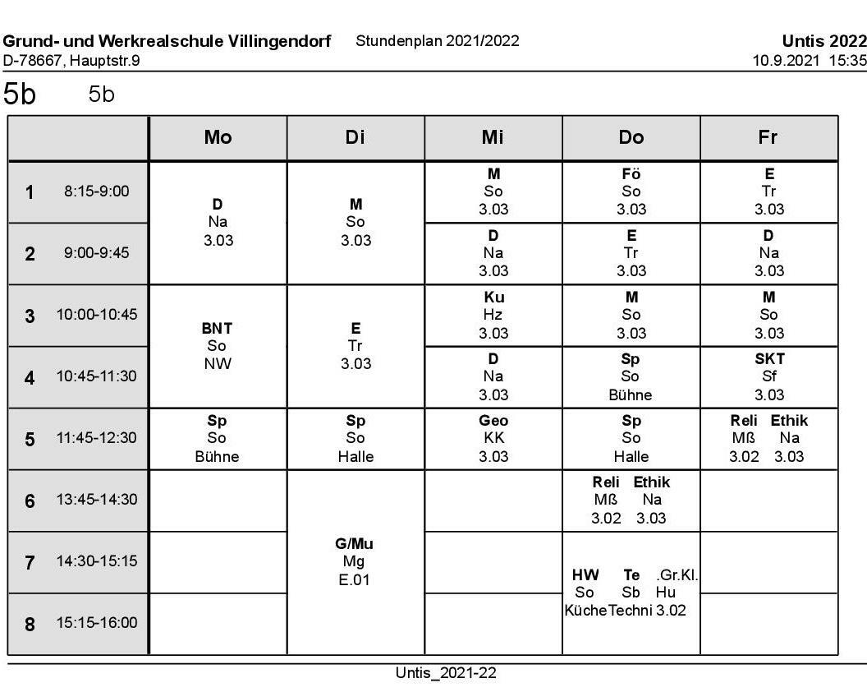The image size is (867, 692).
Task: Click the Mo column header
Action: coord(218,138)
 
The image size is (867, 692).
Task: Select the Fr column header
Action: coord(768,138)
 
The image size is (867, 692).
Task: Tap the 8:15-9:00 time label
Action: coord(97,191)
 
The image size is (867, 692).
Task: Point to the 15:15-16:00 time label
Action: coord(97,623)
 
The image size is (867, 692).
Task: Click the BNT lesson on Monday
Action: coord(217,329)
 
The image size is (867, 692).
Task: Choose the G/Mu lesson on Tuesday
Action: coord(355,544)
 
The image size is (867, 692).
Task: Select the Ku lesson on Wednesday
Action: coord(493,298)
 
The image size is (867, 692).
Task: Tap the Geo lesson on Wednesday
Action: coord(493,421)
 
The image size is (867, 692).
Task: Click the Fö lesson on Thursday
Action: coord(631,174)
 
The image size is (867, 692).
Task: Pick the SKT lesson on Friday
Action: coord(769,359)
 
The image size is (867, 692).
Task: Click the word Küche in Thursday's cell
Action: coord(585,611)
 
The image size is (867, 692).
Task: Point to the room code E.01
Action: coord(355,580)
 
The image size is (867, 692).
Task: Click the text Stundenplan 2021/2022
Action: coord(437,41)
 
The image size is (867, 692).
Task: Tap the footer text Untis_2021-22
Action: coord(446,673)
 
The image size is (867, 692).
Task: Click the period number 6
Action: coord(30,501)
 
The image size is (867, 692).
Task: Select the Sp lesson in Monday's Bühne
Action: coord(217,421)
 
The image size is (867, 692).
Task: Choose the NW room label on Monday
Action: coord(217,364)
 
